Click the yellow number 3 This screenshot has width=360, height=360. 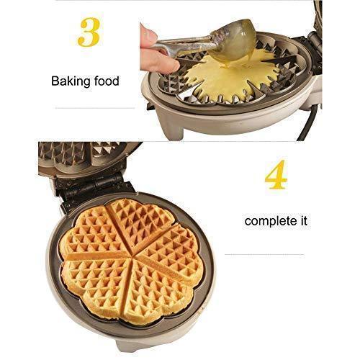tap(89, 32)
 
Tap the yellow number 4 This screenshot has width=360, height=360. tap(276, 174)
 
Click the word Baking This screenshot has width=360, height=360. tap(71, 82)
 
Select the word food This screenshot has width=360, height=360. tap(107, 81)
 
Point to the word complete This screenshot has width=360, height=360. tap(269, 222)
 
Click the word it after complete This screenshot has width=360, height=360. tap(302, 220)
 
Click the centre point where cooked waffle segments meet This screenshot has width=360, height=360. tap(132, 258)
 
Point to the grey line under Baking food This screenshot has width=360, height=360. tap(95, 108)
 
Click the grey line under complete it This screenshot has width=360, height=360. tap(264, 254)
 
